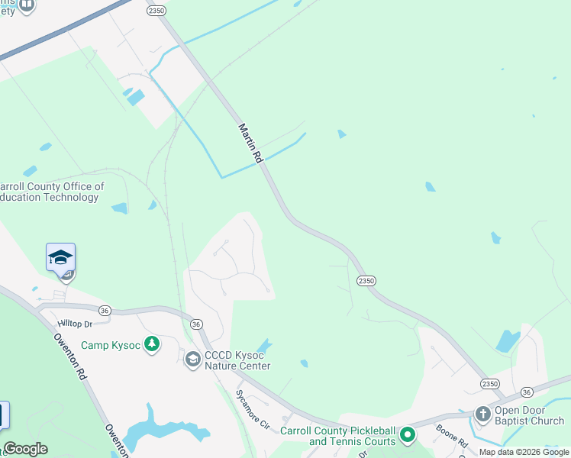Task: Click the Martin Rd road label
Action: point(250,144)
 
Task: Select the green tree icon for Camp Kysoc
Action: point(152,345)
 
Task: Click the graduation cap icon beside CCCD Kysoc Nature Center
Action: point(193,358)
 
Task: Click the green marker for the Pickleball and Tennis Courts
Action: point(408,436)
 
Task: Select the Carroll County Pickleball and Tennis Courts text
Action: point(338,436)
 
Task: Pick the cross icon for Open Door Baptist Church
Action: point(482,414)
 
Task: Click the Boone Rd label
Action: point(453,438)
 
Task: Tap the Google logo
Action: point(24,449)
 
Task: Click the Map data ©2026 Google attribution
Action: point(524,452)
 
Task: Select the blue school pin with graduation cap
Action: point(60,257)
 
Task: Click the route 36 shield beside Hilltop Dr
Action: point(105,309)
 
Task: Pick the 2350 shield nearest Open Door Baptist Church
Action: point(490,383)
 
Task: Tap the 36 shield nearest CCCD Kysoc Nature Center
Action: point(196,324)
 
